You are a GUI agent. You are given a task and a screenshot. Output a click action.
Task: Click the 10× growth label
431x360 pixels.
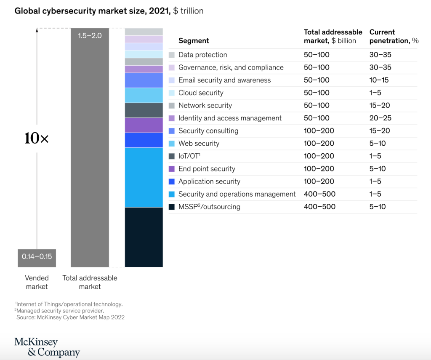coord(37,138)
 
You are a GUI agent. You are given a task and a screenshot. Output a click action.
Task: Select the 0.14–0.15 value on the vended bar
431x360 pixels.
coord(37,256)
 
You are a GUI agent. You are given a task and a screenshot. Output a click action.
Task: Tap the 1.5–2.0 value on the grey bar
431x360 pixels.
coord(90,36)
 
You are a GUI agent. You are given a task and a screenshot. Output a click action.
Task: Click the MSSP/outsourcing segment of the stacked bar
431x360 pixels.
coord(144,237)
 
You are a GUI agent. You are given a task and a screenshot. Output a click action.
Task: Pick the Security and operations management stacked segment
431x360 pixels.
coord(144,177)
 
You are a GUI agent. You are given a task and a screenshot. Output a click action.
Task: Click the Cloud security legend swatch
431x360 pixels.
coord(171,93)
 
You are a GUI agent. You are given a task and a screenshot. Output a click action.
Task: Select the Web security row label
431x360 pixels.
coord(199,144)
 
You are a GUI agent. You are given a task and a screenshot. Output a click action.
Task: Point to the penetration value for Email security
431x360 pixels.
coord(379,80)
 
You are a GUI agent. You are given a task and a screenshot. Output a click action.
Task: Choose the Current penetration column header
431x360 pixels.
coord(394,36)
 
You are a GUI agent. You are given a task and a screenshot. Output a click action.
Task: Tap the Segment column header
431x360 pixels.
coord(194,40)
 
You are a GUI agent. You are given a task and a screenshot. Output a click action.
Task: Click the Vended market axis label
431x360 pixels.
coord(37,282)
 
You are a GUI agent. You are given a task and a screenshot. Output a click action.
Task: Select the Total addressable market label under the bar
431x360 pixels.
coord(90,282)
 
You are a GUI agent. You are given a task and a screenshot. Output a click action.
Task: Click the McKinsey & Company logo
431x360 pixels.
coord(47,347)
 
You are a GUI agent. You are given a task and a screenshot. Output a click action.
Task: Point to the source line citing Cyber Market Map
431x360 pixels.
coord(70,317)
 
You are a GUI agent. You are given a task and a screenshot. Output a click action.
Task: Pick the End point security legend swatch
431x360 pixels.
coord(171,169)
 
